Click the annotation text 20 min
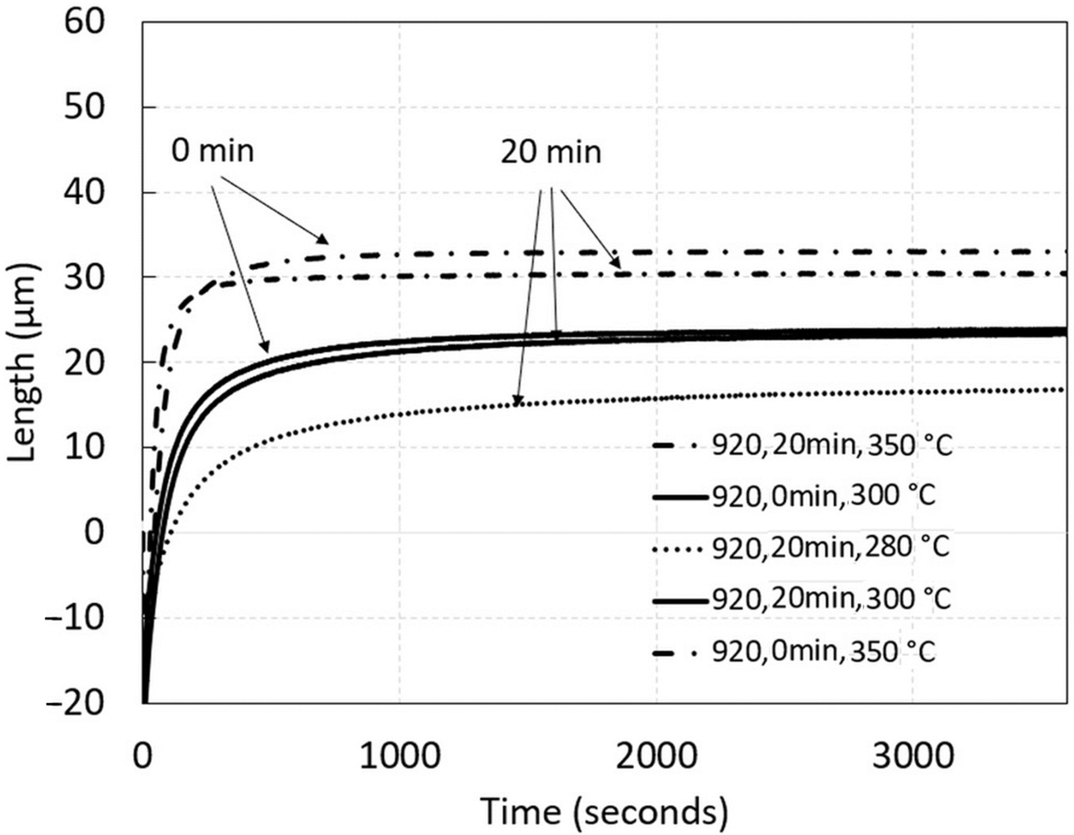551,152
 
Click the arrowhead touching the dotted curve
516,401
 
